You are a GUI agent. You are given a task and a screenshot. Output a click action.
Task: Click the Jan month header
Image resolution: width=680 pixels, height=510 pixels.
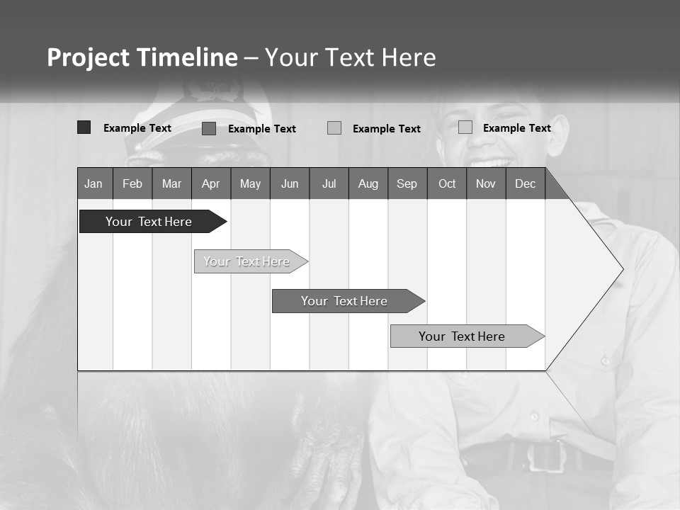94,183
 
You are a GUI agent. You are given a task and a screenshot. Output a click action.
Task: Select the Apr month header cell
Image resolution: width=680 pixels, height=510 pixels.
211,183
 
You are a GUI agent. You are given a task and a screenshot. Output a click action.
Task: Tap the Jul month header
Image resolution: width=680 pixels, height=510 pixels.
329,183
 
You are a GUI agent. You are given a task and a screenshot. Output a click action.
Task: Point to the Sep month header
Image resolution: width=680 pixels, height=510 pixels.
407,183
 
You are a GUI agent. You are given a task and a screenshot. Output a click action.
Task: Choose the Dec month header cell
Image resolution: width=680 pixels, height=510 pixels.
526,183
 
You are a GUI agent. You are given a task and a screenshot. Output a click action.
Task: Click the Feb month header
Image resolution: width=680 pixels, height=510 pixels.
132,183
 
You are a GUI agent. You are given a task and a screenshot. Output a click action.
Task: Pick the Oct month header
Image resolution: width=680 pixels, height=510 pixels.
447,183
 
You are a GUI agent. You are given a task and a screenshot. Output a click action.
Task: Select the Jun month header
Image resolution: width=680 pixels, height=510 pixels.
290,183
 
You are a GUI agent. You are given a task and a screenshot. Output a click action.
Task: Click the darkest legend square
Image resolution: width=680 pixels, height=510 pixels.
84,127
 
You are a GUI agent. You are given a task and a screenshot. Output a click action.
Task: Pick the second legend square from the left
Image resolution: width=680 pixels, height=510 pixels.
209,128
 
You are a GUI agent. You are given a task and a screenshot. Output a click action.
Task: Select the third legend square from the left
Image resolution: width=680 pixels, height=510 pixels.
334,128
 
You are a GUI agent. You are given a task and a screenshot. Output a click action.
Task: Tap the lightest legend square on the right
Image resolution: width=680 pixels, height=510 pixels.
465,127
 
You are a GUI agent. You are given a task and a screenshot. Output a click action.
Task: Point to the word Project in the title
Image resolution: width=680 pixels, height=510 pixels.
89,57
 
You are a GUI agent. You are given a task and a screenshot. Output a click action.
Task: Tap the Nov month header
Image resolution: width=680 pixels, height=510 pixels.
486,183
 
